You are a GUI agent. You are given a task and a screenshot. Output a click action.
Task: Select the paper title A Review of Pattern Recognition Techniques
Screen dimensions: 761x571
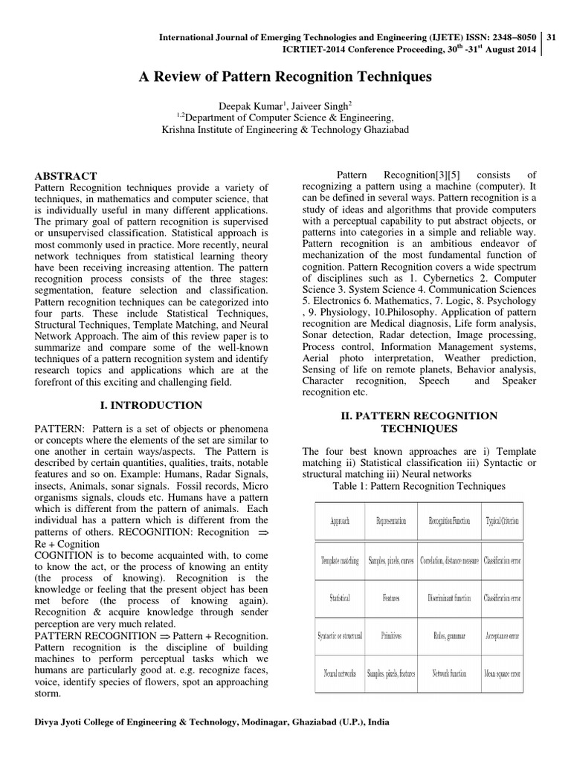pyautogui.click(x=285, y=77)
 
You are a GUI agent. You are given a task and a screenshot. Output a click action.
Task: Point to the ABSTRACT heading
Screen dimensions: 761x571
pyautogui.click(x=66, y=176)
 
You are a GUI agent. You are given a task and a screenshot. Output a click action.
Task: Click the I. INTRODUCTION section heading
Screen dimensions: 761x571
pyautogui.click(x=152, y=405)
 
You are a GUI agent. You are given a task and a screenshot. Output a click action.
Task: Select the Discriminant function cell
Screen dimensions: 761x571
pyautogui.click(x=449, y=597)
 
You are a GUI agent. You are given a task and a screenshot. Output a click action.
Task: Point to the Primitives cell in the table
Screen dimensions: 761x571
pyautogui.click(x=394, y=635)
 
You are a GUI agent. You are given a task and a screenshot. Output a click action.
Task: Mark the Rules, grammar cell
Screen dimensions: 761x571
pyautogui.click(x=449, y=635)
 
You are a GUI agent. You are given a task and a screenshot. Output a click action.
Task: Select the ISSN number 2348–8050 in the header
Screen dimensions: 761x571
pyautogui.click(x=512, y=36)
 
